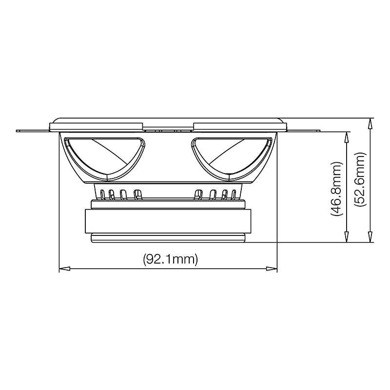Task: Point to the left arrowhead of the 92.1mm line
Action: pyautogui.click(x=63, y=268)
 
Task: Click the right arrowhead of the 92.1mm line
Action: pyautogui.click(x=273, y=268)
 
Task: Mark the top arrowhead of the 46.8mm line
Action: pyautogui.click(x=346, y=134)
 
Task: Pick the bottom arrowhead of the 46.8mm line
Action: pyautogui.click(x=346, y=239)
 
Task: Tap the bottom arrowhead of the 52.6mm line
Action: pyautogui.click(x=371, y=239)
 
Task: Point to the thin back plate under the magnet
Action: pyautogui.click(x=168, y=238)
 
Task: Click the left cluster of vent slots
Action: pyautogui.click(x=120, y=194)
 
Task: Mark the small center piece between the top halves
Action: pyautogui.click(x=169, y=129)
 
